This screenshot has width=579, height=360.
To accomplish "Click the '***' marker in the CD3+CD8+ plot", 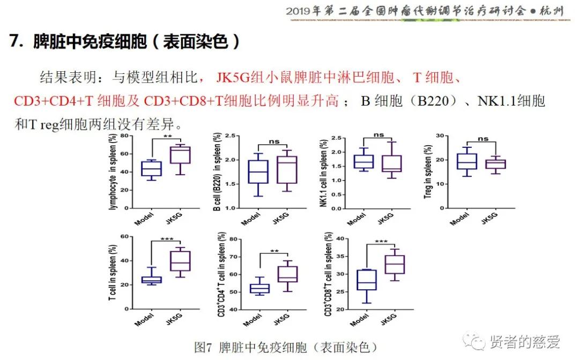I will pyautogui.click(x=381, y=242).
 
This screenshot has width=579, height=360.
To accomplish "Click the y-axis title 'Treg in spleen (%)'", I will pyautogui.click(x=428, y=172).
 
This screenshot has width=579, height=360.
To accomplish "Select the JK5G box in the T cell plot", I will pyautogui.click(x=180, y=261).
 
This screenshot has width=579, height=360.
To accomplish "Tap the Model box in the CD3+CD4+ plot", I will pyautogui.click(x=259, y=289).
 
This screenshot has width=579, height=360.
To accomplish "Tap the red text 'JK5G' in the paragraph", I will pyautogui.click(x=233, y=78).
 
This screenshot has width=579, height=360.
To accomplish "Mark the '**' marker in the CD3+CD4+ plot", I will pyautogui.click(x=274, y=250).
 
